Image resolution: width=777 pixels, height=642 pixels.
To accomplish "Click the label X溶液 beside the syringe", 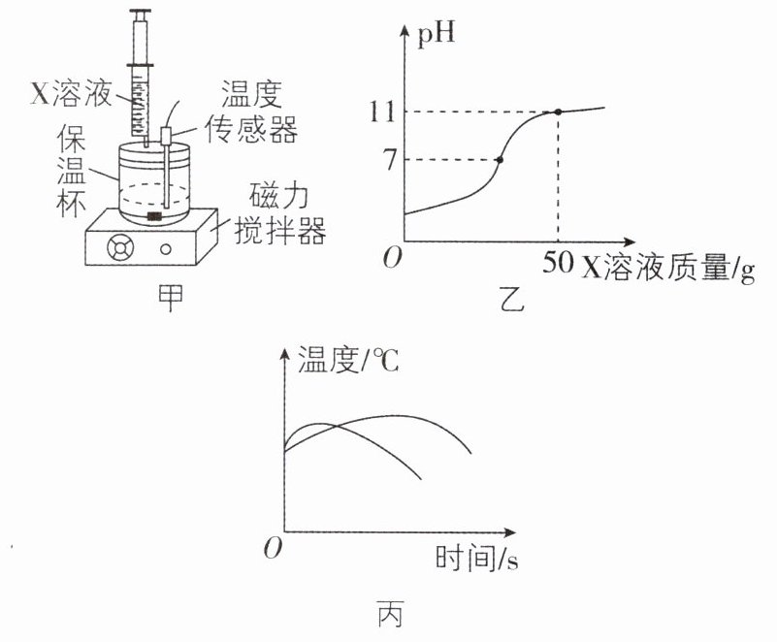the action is (72, 93).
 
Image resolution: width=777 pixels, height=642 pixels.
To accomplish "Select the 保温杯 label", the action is (72, 170).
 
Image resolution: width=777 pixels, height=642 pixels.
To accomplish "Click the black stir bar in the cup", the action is (154, 216).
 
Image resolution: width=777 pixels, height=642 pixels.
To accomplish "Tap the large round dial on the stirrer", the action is (120, 247).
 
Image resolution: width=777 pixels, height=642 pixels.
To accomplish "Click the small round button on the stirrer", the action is (166, 249).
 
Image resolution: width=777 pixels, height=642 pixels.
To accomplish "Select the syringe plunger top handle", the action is (141, 11).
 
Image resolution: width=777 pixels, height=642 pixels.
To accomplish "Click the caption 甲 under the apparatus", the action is (170, 297).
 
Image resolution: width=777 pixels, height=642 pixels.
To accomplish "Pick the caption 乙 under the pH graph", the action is (511, 299).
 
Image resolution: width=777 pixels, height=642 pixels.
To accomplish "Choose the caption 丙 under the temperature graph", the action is (390, 614).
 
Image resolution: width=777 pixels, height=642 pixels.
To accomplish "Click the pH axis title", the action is (437, 36).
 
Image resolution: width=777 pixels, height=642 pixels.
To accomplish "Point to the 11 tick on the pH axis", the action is (382, 112).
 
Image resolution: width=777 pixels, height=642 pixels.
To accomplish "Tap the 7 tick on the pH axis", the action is (391, 160).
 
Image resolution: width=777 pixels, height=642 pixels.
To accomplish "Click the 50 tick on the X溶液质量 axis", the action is (558, 262).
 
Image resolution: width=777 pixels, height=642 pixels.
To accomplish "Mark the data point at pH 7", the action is (500, 159).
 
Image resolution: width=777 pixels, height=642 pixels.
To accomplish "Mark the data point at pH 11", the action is (559, 112).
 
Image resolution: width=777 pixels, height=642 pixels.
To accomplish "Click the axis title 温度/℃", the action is (348, 360).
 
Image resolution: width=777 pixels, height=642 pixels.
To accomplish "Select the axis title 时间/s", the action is (476, 558).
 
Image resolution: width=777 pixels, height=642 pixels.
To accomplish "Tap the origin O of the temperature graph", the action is (273, 548).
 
